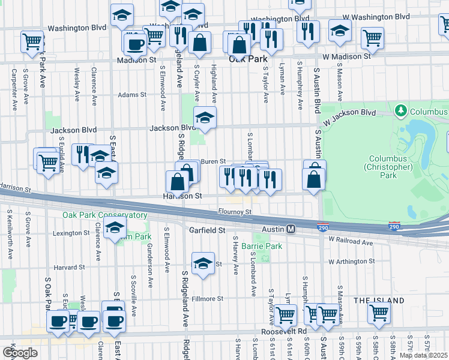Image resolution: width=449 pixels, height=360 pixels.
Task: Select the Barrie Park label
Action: tap(262, 246)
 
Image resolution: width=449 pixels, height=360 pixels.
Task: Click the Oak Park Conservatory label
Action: tap(104, 215)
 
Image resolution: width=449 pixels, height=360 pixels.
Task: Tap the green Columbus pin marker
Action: tap(400, 111)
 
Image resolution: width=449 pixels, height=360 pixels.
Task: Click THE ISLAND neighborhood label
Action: tap(376, 299)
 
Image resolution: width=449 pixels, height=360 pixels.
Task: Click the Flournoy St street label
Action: tap(235, 212)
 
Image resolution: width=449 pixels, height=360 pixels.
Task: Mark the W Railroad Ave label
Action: tap(351, 242)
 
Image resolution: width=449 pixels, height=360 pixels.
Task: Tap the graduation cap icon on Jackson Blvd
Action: tap(205, 117)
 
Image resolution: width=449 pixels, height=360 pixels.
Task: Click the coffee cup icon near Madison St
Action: tap(135, 43)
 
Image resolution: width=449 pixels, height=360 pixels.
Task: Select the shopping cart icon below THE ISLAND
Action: tap(379, 312)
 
